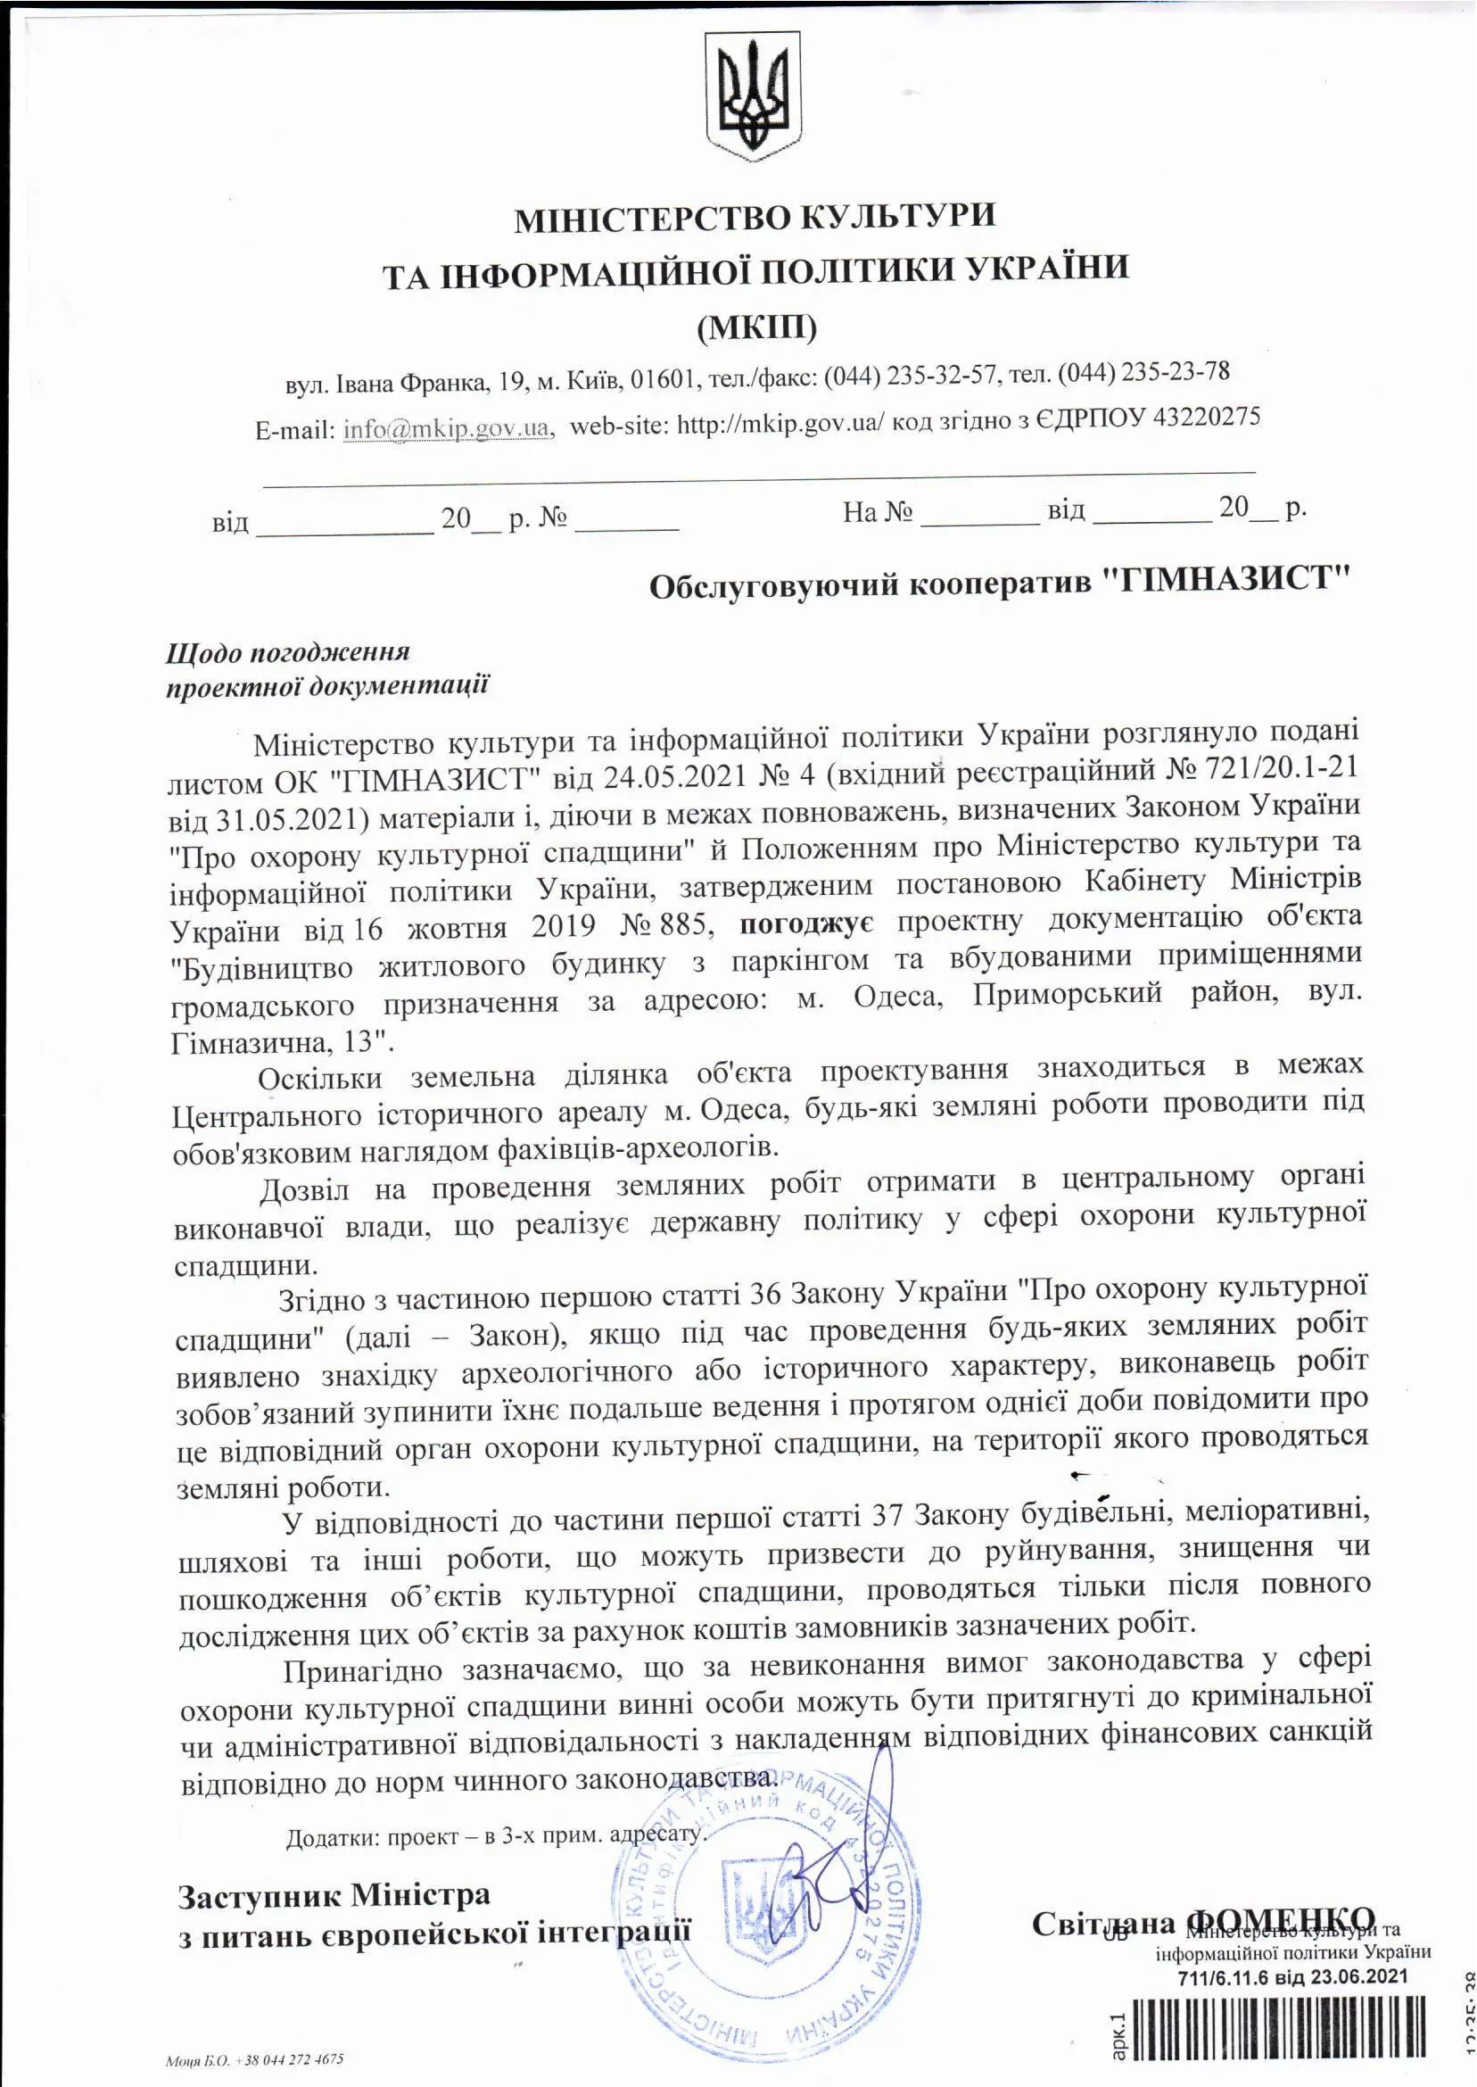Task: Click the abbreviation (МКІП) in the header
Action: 756,326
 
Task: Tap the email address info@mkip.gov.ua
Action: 447,428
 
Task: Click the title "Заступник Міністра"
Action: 334,1897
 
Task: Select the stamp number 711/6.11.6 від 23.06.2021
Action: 1292,1978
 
